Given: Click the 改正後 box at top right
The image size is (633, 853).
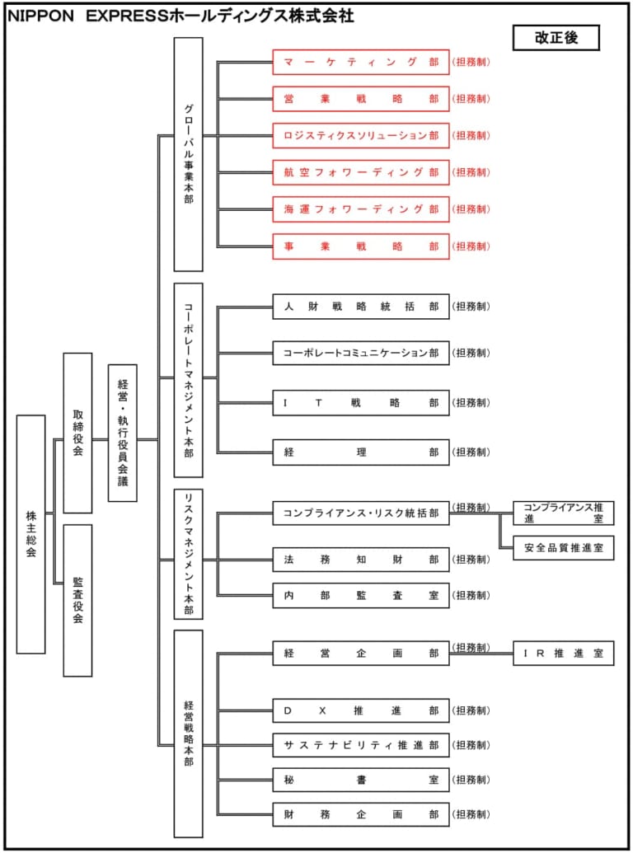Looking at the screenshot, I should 556,37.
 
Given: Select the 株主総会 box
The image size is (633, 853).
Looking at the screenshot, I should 30,534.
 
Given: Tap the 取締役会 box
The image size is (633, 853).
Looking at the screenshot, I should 77,433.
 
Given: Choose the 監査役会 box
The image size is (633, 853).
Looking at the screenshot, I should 77,600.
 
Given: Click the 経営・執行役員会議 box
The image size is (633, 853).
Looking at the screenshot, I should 123,433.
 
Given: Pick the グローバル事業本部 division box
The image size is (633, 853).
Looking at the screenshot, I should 188,154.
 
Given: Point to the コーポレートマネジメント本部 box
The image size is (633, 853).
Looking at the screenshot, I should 188,380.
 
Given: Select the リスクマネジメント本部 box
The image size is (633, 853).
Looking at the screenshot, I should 188,554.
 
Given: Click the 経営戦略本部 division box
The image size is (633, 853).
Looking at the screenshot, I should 188,733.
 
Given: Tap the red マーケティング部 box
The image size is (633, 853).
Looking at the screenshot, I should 361,62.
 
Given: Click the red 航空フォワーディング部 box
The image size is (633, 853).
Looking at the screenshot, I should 361,172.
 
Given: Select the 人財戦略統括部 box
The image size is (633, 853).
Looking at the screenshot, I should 361,307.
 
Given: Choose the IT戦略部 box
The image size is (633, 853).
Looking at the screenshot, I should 361,403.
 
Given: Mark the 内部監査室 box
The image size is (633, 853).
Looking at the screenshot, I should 361,595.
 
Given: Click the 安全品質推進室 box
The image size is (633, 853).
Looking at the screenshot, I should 563,547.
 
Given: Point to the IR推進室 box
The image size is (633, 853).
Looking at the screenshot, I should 563,654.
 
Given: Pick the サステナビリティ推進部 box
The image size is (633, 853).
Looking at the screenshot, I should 361,745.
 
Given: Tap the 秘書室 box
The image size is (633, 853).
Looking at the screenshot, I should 361,780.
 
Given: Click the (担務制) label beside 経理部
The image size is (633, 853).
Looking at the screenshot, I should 471,452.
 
